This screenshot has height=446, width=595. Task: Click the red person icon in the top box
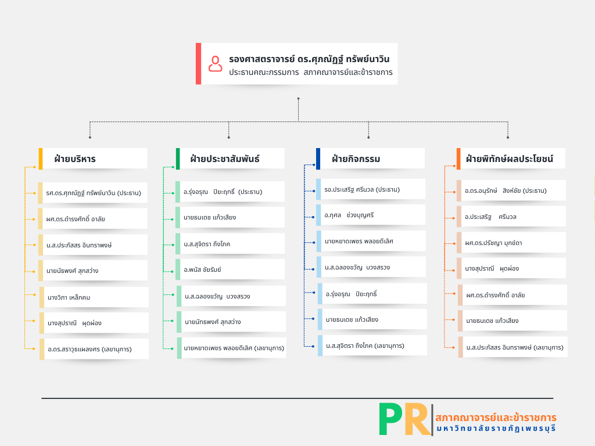coord(216,63)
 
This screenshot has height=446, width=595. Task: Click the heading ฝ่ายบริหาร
coord(75,159)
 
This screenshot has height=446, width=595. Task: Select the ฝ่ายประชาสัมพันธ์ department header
coord(225,159)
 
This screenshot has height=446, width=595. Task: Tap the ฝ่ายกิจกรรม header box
coord(356,159)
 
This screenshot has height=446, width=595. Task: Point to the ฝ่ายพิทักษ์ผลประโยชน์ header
coord(509,159)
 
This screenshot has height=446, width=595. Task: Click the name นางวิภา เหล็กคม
coord(69,297)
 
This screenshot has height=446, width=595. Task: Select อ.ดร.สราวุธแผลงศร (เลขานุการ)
coord(89,349)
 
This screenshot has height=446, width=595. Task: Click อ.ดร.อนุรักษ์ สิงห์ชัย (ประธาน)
coord(506,190)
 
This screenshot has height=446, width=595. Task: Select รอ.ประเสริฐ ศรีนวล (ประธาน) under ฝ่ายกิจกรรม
coord(362,189)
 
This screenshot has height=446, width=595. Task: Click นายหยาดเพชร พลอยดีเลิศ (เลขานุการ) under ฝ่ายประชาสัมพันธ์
coord(234,348)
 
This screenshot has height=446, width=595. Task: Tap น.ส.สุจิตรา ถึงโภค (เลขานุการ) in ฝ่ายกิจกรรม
coord(365,346)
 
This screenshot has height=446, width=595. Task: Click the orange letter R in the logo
coord(417,419)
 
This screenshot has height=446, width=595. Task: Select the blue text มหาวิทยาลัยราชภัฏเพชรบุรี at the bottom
coord(496,429)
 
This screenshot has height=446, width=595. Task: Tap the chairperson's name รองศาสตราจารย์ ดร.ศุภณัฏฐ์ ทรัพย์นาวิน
coord(309,59)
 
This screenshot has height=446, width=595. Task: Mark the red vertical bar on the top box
coord(198,63)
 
